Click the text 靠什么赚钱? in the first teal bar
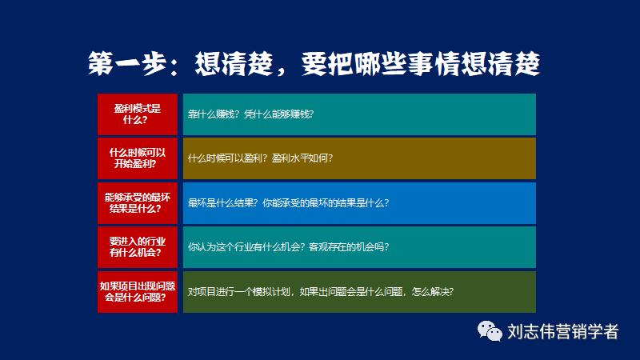point(212,114)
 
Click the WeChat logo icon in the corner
point(486,331)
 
